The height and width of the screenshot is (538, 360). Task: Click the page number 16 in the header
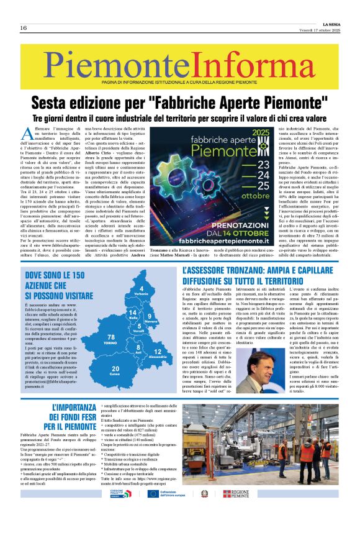pos(23,28)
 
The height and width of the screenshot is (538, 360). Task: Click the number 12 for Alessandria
pos(158,352)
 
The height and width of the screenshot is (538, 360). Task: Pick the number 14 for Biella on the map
pos(132,312)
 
